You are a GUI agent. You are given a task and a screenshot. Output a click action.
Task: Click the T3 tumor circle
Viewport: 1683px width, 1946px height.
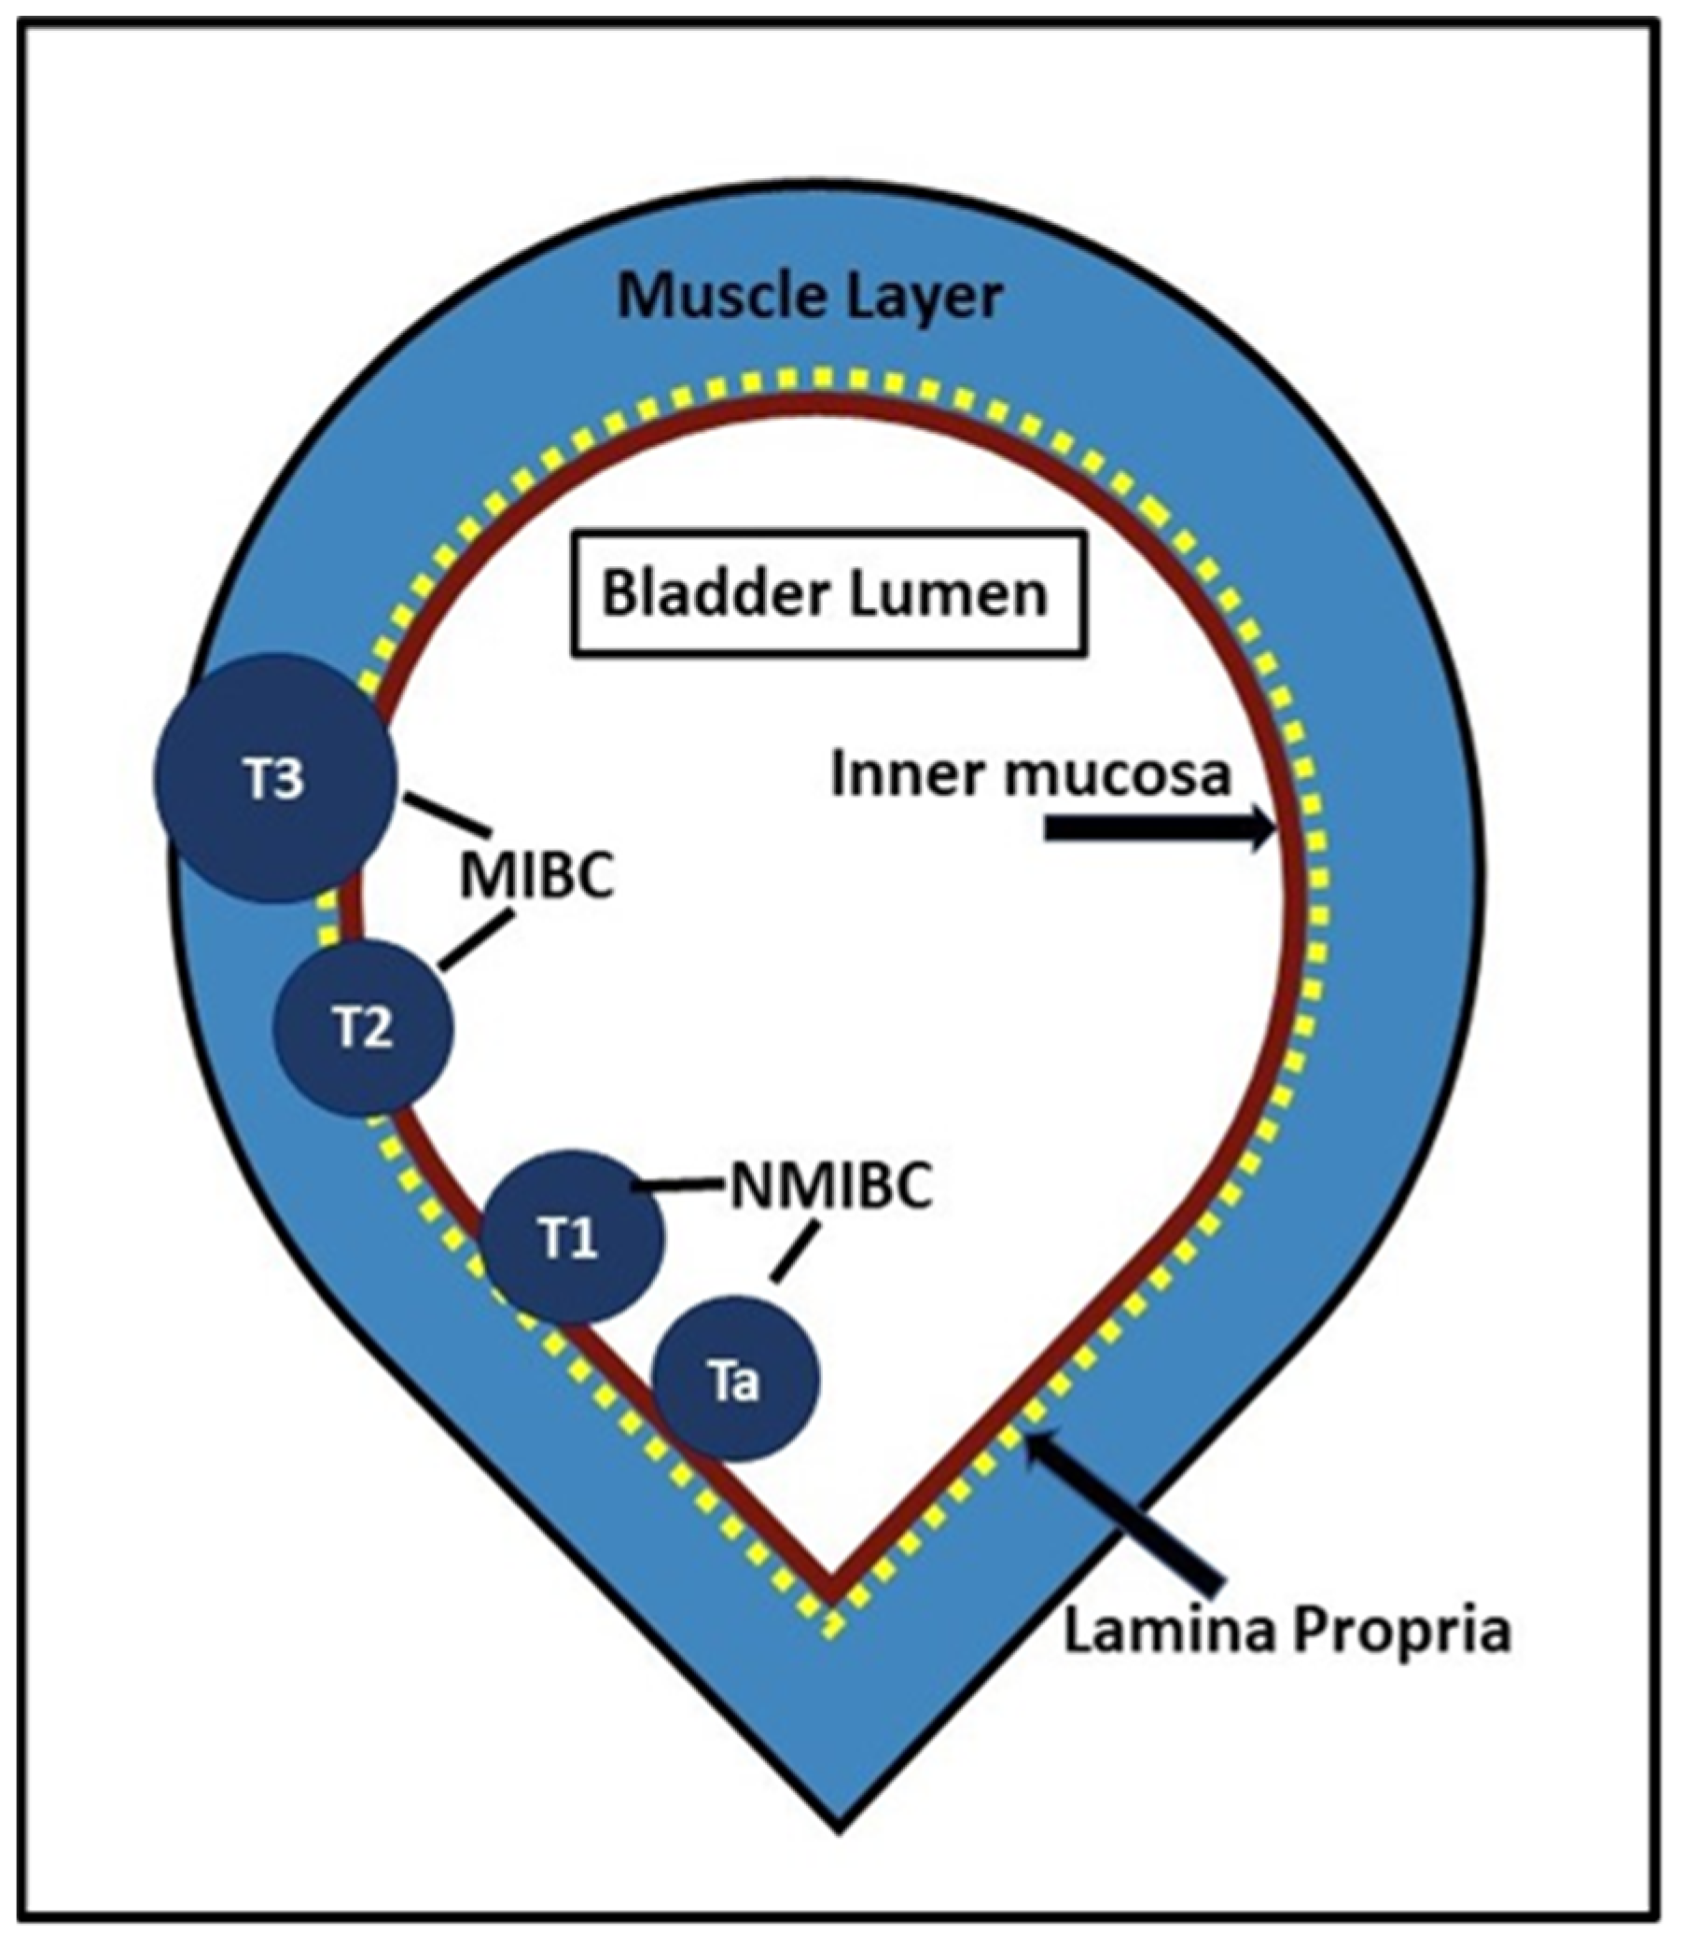[x=275, y=779]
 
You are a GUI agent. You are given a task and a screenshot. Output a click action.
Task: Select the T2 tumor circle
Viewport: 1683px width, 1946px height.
[x=363, y=1028]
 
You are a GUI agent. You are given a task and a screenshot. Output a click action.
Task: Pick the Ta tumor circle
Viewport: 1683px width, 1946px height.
[x=735, y=1381]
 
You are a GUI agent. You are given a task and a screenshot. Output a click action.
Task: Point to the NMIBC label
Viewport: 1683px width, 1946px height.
[x=830, y=1188]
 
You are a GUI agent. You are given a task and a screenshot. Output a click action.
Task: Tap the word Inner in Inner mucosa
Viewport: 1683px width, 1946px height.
[x=897, y=776]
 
